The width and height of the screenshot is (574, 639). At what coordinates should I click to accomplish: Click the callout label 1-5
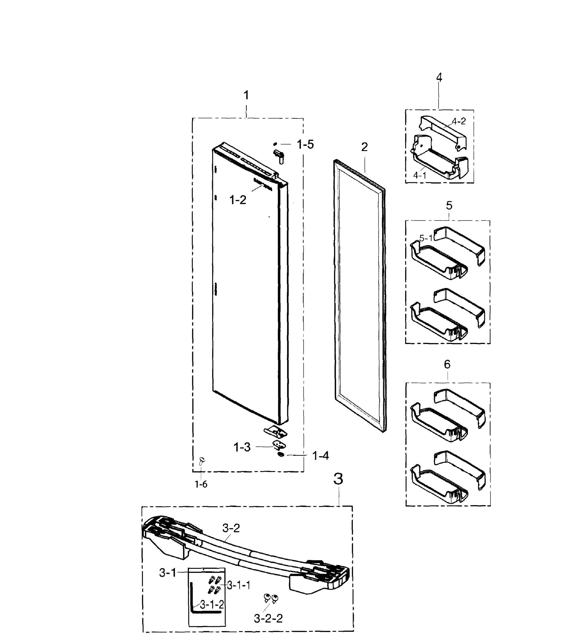305,145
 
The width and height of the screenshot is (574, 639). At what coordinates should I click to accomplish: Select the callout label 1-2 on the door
237,200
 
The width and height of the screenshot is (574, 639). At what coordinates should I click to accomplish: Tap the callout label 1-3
242,447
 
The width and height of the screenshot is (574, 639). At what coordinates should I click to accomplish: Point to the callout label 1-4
321,456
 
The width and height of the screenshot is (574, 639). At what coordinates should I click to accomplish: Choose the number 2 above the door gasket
364,147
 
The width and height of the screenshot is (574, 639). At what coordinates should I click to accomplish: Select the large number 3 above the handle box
338,479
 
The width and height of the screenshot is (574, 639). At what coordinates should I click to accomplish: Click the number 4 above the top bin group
439,77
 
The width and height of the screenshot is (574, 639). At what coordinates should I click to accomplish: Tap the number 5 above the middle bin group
449,206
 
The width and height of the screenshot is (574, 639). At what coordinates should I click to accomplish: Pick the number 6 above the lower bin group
447,364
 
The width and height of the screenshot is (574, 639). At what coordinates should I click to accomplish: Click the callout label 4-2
458,121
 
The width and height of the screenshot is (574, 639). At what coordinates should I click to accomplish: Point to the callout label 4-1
420,175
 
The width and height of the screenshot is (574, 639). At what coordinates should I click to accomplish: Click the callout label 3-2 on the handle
231,528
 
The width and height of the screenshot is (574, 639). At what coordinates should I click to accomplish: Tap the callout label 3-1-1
239,585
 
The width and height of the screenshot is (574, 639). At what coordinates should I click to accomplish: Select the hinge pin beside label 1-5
279,155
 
